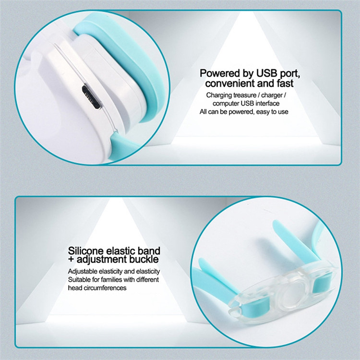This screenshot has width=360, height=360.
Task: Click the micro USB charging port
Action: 91,97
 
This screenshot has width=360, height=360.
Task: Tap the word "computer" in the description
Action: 226,104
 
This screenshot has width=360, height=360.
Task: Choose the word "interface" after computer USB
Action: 267,103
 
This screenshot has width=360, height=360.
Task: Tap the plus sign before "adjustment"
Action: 71,260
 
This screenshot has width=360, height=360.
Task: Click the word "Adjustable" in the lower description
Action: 83,272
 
